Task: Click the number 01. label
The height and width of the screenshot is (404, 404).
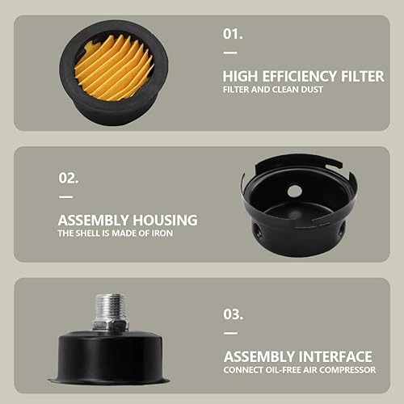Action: click(x=233, y=34)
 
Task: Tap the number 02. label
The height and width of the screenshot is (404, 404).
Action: click(x=69, y=178)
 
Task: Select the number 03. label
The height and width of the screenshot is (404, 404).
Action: click(x=234, y=314)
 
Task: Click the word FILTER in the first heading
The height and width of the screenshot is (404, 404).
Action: click(x=363, y=76)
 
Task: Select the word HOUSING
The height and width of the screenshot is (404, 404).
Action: click(x=165, y=221)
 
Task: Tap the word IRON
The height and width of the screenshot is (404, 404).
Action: click(x=162, y=234)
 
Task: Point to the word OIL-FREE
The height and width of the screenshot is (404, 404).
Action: click(x=283, y=370)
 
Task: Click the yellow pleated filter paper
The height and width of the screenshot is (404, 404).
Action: click(x=114, y=67)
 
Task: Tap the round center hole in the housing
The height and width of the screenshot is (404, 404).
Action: click(x=294, y=191)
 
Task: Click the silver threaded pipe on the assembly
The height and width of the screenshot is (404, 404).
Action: click(x=111, y=306)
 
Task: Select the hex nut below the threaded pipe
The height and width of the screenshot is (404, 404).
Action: click(x=110, y=325)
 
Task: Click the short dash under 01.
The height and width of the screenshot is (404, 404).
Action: click(x=230, y=53)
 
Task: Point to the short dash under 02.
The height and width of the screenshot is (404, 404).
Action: click(x=66, y=197)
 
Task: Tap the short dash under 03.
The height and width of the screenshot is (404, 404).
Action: click(x=231, y=333)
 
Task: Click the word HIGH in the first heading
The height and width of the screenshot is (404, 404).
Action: click(x=240, y=76)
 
